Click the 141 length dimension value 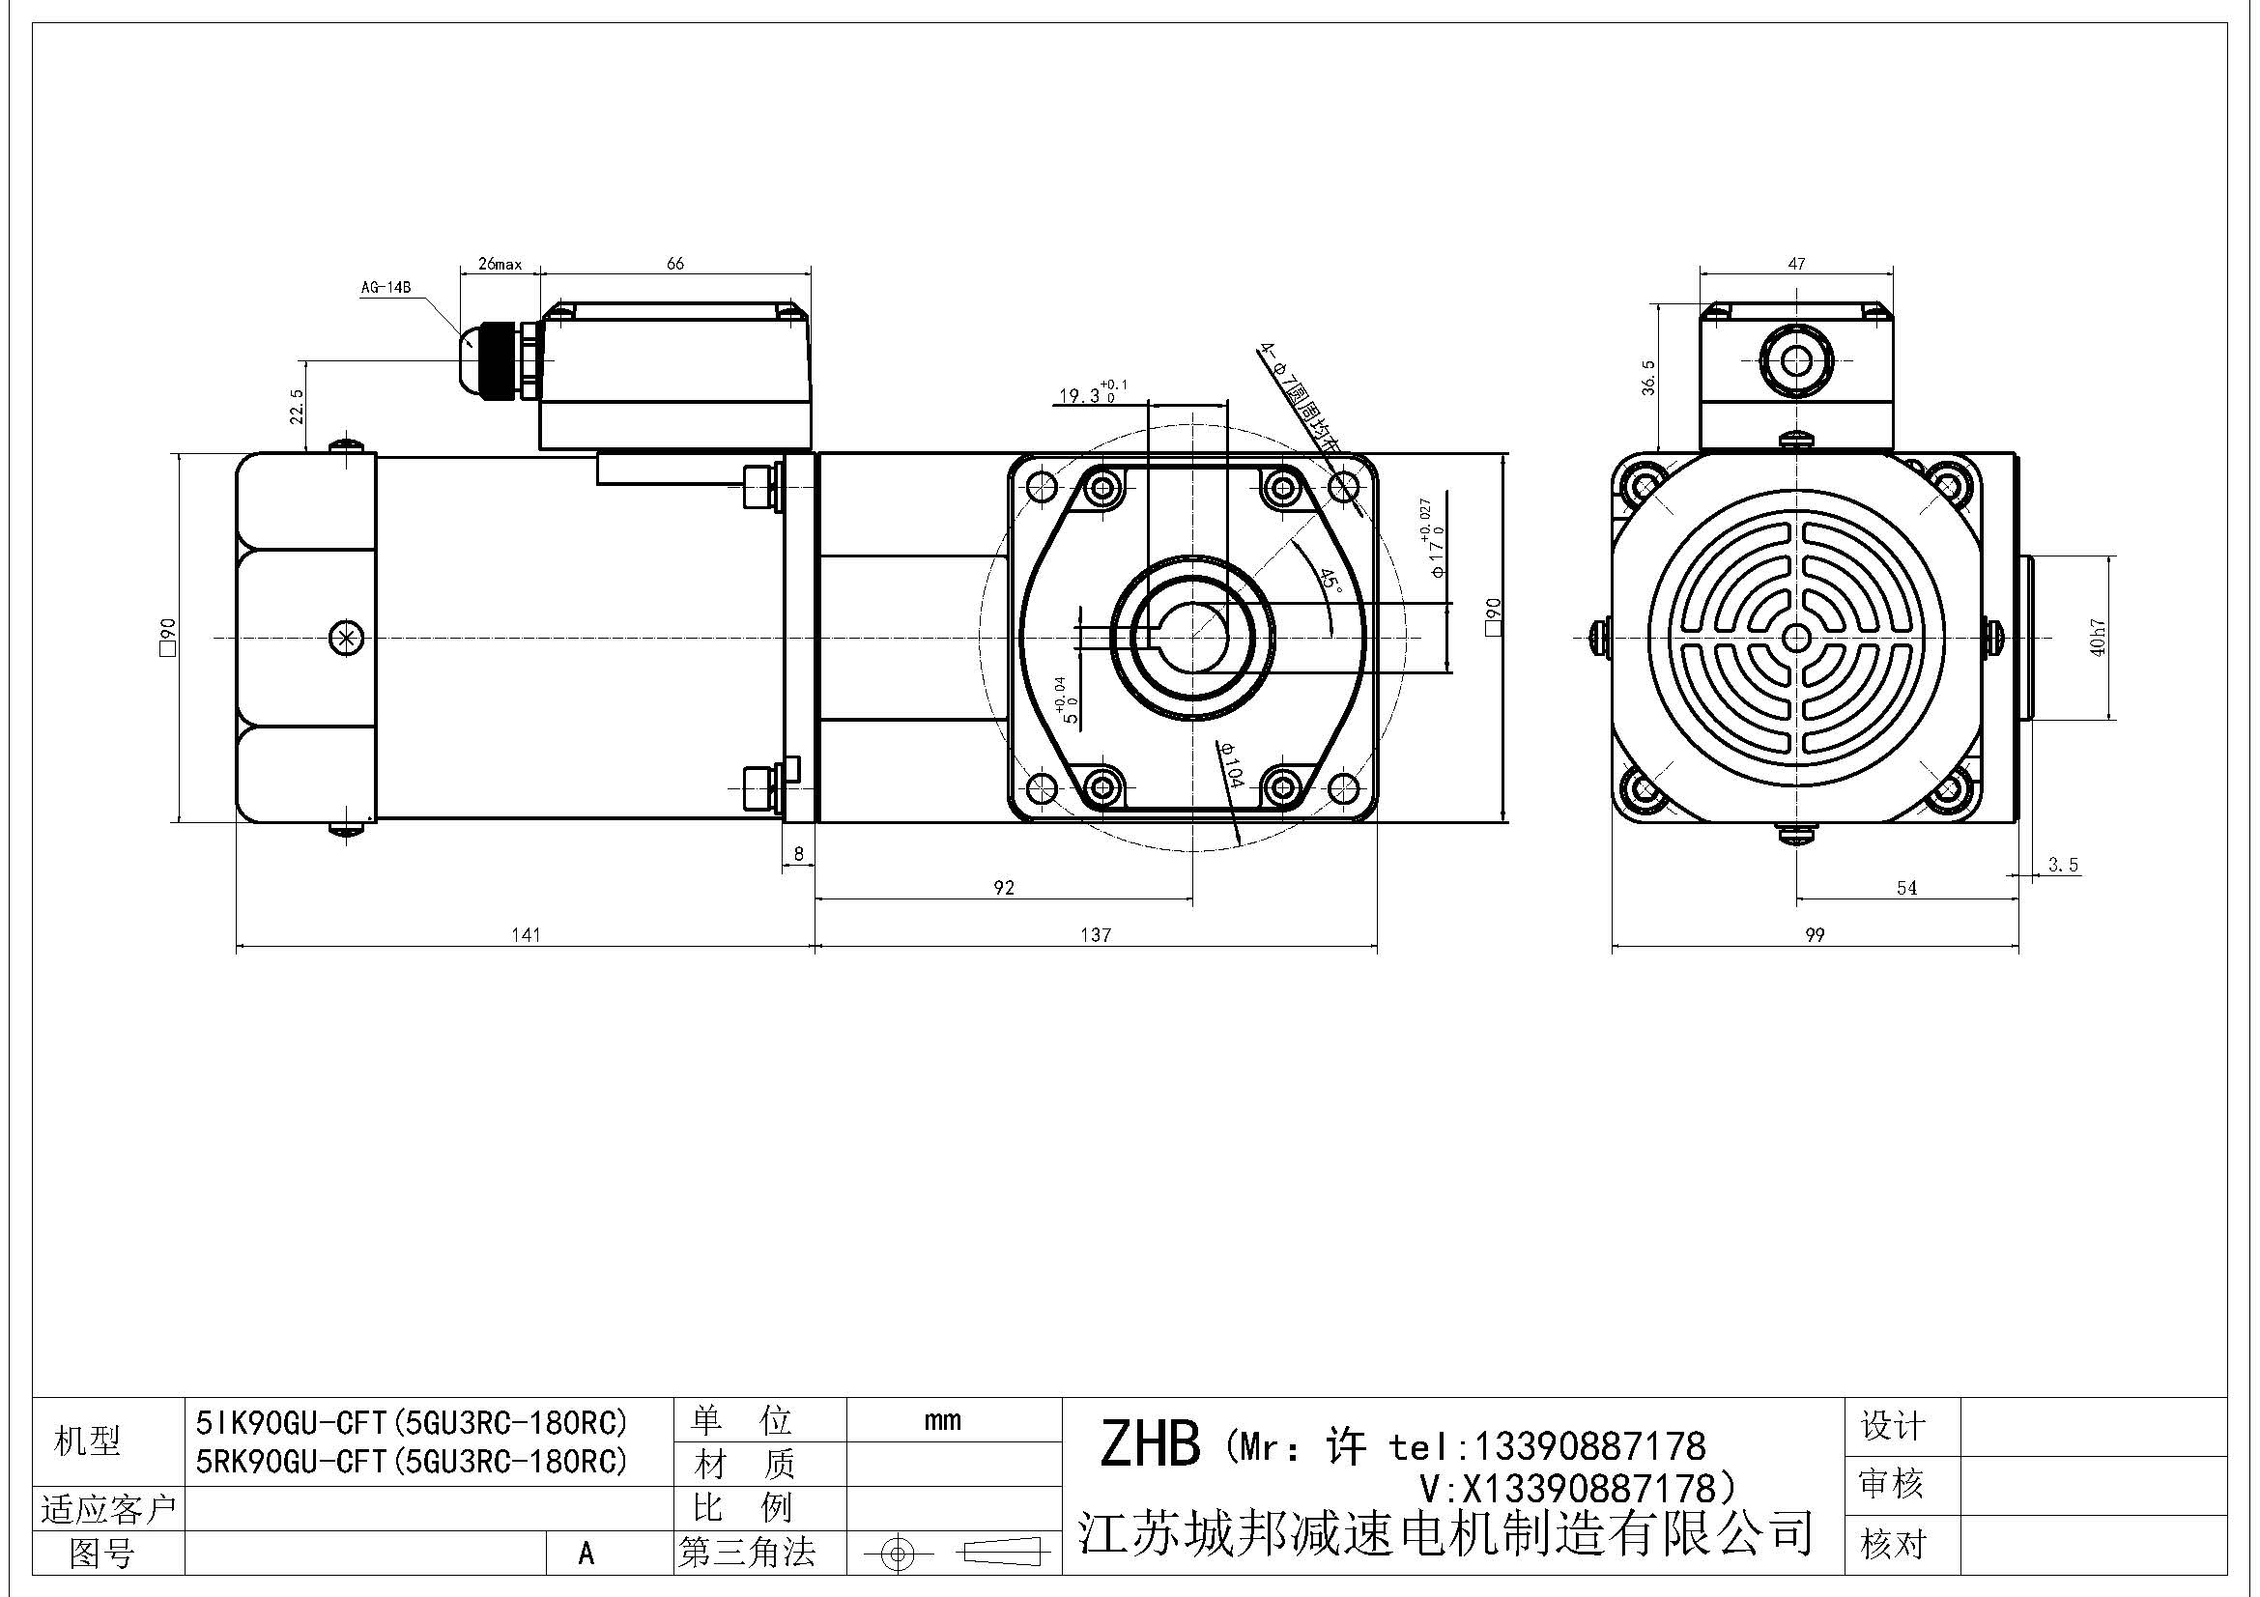(x=526, y=935)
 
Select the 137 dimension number (x=1096, y=935)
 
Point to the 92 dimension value (x=1003, y=888)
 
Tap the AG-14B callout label (x=385, y=288)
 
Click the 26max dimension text (x=501, y=265)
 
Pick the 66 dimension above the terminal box (x=675, y=264)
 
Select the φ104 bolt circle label (x=1231, y=764)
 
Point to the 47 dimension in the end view (x=1796, y=264)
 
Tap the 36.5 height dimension (x=1648, y=378)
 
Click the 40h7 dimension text (x=2098, y=637)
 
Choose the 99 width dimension (x=1816, y=935)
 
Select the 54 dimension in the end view (x=1906, y=888)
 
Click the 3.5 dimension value (x=2063, y=865)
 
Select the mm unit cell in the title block (x=942, y=1420)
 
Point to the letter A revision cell (x=586, y=1553)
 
